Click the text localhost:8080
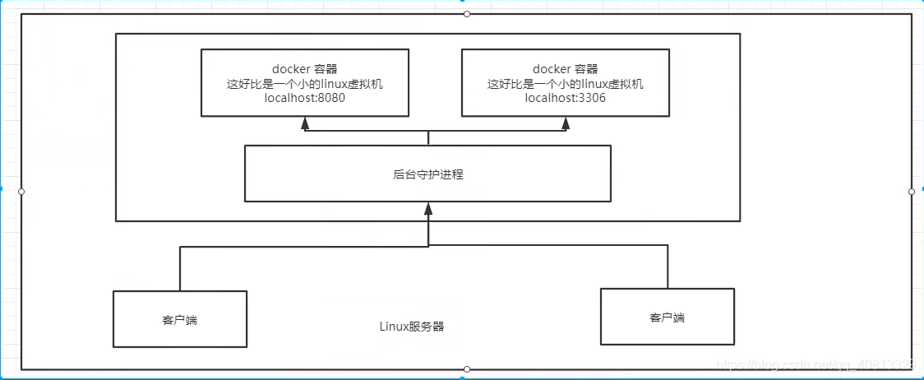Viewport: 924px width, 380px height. point(304,99)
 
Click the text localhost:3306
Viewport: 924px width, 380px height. point(565,99)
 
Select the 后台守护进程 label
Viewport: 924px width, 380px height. point(427,174)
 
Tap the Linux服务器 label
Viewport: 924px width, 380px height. point(412,327)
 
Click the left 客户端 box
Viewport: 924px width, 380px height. point(179,319)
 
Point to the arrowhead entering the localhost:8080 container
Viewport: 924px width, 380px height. point(305,123)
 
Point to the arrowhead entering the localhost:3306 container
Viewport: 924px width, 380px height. point(566,123)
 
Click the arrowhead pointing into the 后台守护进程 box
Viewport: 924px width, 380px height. point(427,209)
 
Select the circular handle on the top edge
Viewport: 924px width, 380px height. point(467,14)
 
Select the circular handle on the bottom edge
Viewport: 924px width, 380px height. point(467,369)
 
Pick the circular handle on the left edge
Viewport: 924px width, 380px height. point(21,192)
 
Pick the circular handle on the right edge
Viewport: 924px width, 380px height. point(911,192)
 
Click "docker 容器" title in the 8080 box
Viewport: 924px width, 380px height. point(304,69)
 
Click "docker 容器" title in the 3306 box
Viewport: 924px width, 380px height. point(565,69)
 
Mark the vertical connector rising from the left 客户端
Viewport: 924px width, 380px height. point(179,267)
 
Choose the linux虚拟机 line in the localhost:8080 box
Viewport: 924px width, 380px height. point(304,84)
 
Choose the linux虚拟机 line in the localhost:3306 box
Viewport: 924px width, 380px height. point(565,84)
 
